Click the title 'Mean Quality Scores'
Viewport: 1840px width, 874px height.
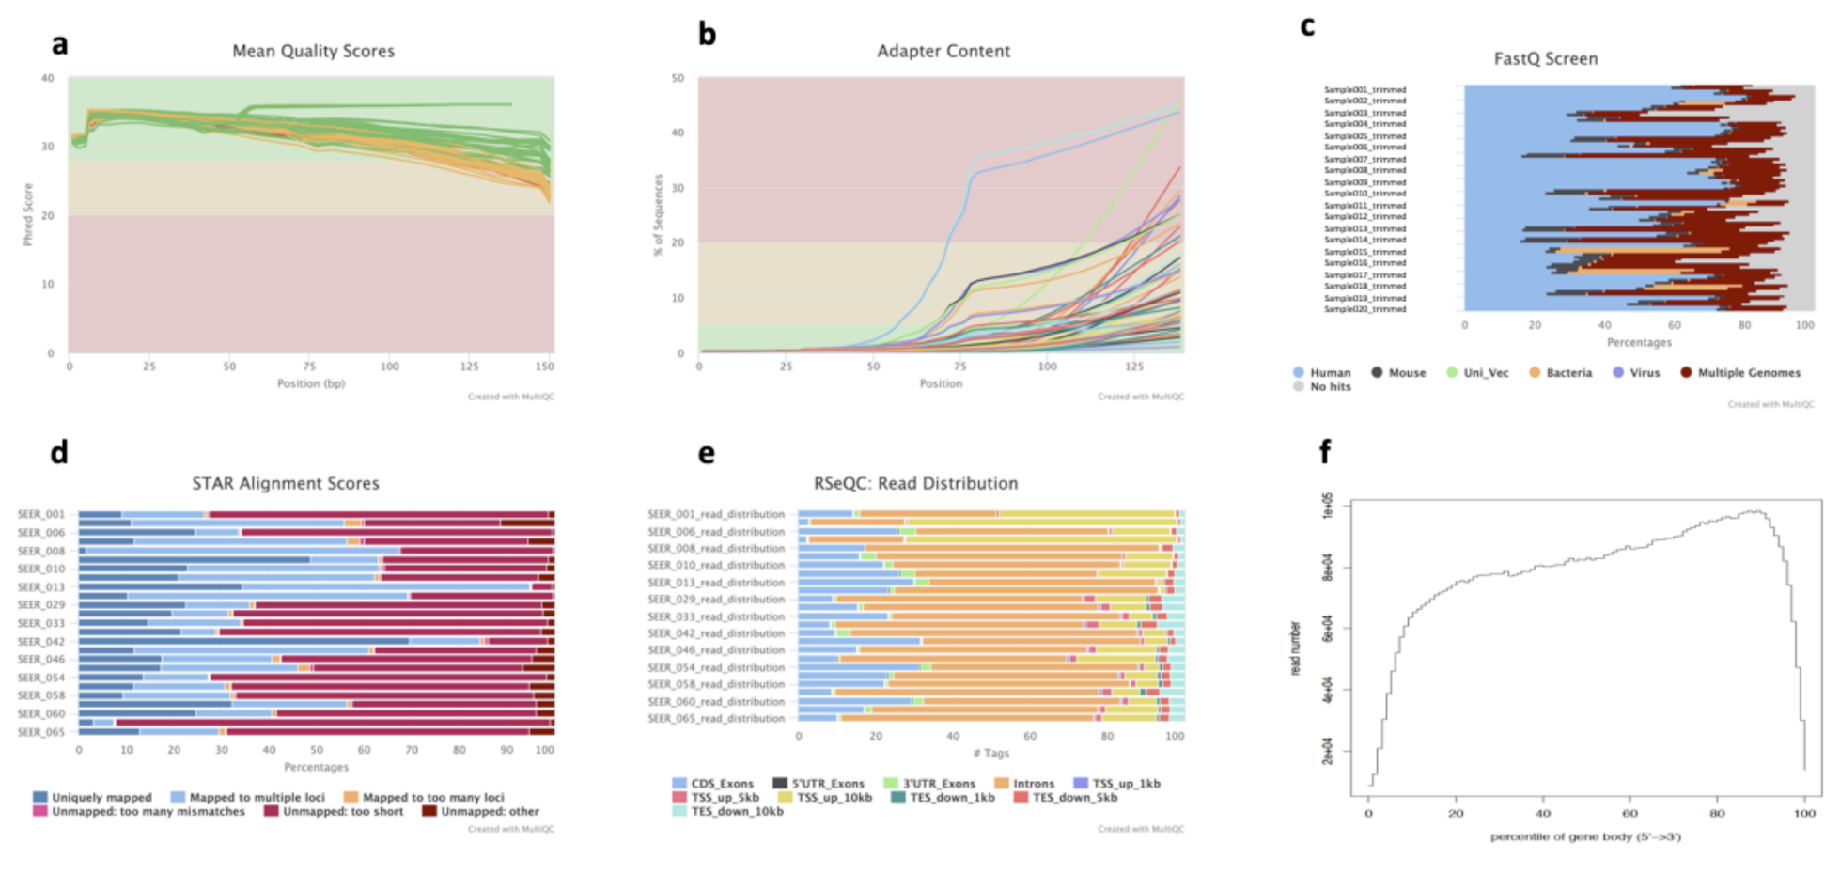point(313,52)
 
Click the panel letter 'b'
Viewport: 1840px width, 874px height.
point(707,35)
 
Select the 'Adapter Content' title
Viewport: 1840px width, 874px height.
point(943,52)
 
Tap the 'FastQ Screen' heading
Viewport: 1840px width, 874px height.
point(1545,59)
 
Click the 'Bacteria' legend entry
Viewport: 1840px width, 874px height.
point(1568,373)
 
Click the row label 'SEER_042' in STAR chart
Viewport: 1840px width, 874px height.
point(41,642)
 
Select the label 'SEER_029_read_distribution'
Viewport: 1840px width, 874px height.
point(715,600)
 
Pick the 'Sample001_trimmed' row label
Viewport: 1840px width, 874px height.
point(1364,90)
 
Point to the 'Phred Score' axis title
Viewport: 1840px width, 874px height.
point(28,214)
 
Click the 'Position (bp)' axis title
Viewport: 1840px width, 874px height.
point(311,383)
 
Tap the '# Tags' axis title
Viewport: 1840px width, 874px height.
point(990,754)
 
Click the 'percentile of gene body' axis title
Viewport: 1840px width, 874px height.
point(1584,836)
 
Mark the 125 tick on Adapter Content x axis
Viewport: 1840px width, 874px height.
point(1134,367)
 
